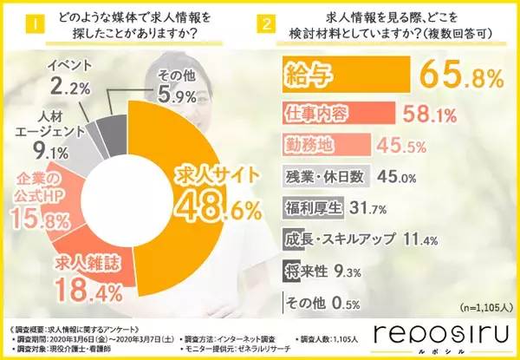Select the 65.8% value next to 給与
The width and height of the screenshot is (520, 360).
pos(460,78)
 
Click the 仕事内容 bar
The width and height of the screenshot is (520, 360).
pos(337,112)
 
